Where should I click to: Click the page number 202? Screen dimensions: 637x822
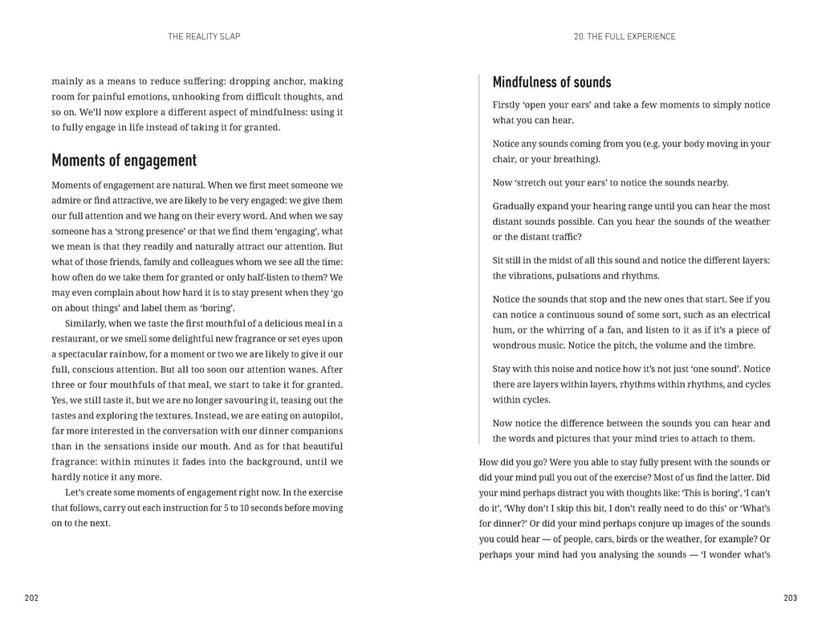pyautogui.click(x=31, y=598)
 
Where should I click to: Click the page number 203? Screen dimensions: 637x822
pyautogui.click(x=790, y=598)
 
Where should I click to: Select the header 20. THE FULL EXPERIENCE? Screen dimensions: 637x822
pyautogui.click(x=625, y=36)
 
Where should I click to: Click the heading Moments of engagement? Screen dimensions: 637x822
pyautogui.click(x=124, y=161)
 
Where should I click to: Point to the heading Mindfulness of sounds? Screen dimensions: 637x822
pyautogui.click(x=551, y=82)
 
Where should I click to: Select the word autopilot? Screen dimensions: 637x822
pyautogui.click(x=321, y=415)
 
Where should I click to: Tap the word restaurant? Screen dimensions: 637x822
pyautogui.click(x=75, y=338)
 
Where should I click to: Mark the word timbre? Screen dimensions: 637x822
pyautogui.click(x=739, y=345)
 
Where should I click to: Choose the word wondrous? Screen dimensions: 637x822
pyautogui.click(x=517, y=345)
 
